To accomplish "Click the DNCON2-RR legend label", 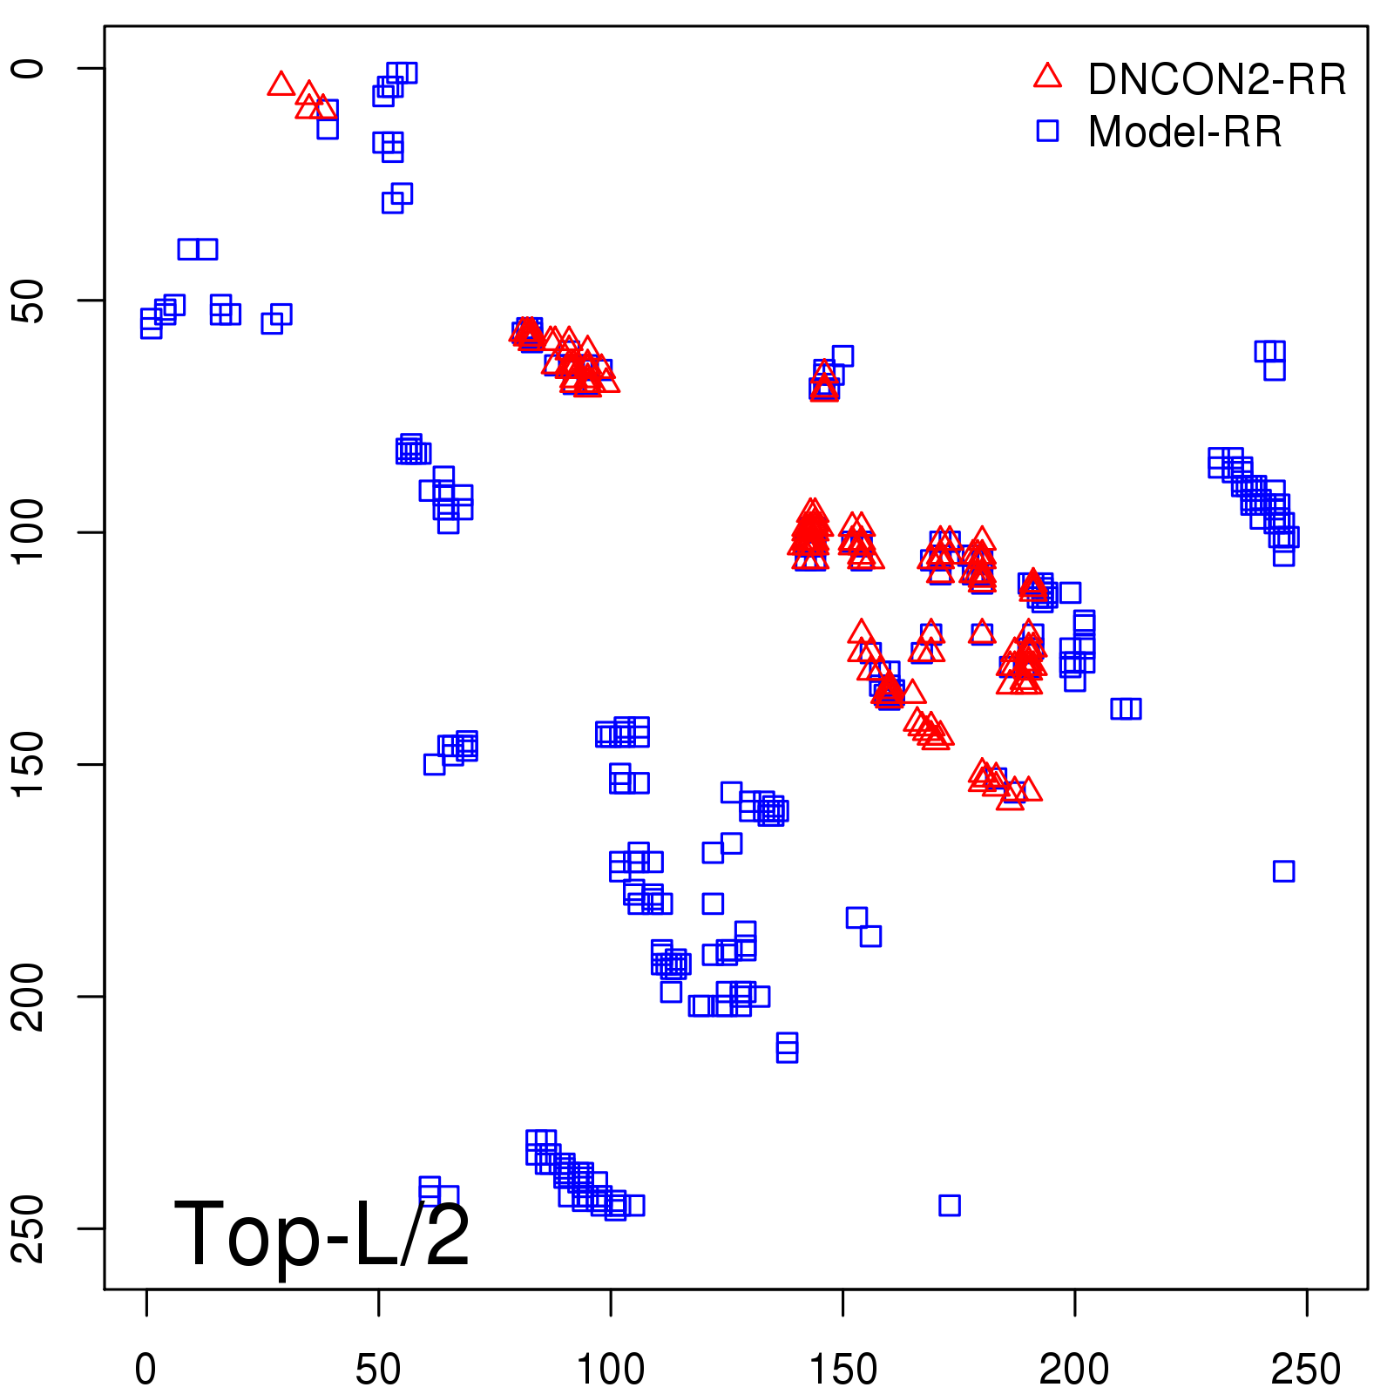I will (x=1217, y=80).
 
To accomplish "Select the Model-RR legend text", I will (x=1185, y=132).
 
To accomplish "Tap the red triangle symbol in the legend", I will (x=1047, y=77).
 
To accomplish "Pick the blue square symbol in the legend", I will (x=1047, y=131).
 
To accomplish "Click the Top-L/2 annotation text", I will (x=322, y=1234).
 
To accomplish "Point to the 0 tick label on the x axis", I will (x=146, y=1370).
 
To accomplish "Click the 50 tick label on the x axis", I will (x=378, y=1370).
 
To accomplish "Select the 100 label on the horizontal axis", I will (x=611, y=1370).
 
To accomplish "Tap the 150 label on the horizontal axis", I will (x=842, y=1370).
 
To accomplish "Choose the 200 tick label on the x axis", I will (x=1074, y=1370).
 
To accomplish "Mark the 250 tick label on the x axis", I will (x=1306, y=1370).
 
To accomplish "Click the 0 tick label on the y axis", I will (x=30, y=68).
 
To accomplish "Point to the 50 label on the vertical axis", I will (x=30, y=301).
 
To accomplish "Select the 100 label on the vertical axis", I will (x=30, y=532).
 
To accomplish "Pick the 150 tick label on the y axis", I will (x=30, y=764).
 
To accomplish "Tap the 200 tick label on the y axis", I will (x=30, y=996).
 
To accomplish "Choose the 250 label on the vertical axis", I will (x=30, y=1228).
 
